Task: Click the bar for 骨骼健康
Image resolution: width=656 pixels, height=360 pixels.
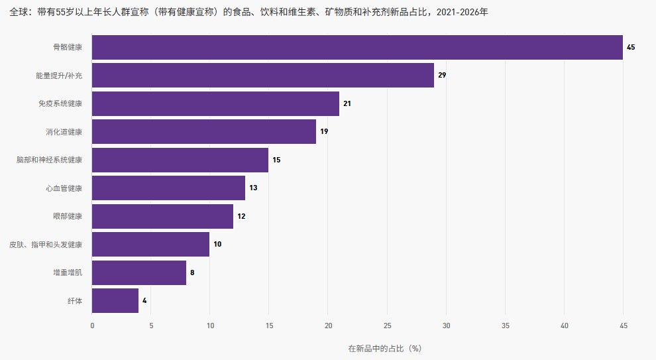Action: pyautogui.click(x=357, y=47)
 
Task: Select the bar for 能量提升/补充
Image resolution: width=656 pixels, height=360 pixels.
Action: pyautogui.click(x=263, y=76)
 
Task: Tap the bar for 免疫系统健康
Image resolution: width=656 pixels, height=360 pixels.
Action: pyautogui.click(x=215, y=103)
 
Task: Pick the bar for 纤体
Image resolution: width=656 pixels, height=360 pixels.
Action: pyautogui.click(x=115, y=300)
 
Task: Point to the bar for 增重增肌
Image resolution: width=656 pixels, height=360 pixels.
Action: pyautogui.click(x=139, y=272)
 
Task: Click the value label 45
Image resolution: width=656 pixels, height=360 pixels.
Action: pyautogui.click(x=631, y=47)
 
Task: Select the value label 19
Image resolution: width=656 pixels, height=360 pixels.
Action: pyautogui.click(x=324, y=131)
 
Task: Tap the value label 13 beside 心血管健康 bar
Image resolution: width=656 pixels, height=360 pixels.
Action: pyautogui.click(x=253, y=188)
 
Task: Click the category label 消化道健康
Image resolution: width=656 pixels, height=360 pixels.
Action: pyautogui.click(x=64, y=132)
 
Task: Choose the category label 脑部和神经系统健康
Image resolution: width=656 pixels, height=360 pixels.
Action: pyautogui.click(x=50, y=160)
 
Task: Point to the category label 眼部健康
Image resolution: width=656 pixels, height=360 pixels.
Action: pyautogui.click(x=68, y=216)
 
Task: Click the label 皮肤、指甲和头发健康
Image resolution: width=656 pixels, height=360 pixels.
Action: pyautogui.click(x=46, y=245)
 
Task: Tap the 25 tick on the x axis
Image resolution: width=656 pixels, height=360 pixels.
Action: pyautogui.click(x=388, y=326)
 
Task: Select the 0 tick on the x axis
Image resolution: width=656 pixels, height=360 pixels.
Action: pyautogui.click(x=92, y=326)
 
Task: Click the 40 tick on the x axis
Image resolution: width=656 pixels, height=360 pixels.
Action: pyautogui.click(x=565, y=326)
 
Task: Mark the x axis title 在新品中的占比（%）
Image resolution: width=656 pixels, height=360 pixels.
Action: pyautogui.click(x=385, y=348)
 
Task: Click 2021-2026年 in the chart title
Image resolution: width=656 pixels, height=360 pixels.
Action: pyautogui.click(x=463, y=12)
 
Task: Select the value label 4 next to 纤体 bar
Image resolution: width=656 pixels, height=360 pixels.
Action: pyautogui.click(x=144, y=300)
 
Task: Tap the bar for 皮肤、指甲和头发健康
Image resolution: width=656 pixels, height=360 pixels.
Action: pyautogui.click(x=150, y=245)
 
